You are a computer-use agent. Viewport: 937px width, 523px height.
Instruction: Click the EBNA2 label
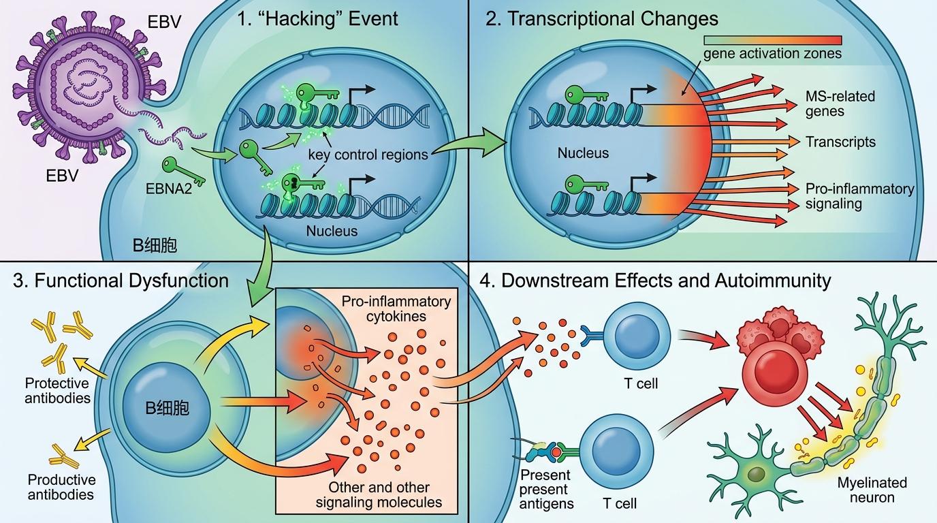pos(169,189)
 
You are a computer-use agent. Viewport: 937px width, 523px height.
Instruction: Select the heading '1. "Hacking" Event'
pos(317,19)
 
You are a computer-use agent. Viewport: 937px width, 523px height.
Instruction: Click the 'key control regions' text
pos(368,155)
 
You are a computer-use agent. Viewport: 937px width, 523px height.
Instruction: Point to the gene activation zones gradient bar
pos(773,40)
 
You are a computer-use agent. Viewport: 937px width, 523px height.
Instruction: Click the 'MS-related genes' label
pos(840,104)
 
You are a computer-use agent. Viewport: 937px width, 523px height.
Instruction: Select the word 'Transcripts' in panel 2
pos(840,142)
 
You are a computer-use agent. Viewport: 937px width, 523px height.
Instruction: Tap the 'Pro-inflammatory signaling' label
pos(859,196)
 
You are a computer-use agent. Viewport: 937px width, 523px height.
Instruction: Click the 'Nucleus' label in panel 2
pos(583,153)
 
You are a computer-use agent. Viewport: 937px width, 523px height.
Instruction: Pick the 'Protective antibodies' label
pos(57,390)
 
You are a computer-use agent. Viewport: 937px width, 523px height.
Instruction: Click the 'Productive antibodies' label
pos(61,487)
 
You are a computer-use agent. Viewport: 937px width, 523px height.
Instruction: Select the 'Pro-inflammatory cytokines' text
pos(396,308)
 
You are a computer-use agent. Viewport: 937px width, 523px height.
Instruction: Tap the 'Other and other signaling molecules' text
pos(379,494)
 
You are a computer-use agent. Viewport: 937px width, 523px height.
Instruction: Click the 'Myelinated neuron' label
pos(872,490)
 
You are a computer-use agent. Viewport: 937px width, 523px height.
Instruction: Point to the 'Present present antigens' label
pos(546,489)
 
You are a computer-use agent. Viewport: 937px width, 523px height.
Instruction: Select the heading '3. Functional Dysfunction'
pos(121,281)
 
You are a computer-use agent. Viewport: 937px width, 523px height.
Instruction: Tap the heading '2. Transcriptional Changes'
pos(601,19)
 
